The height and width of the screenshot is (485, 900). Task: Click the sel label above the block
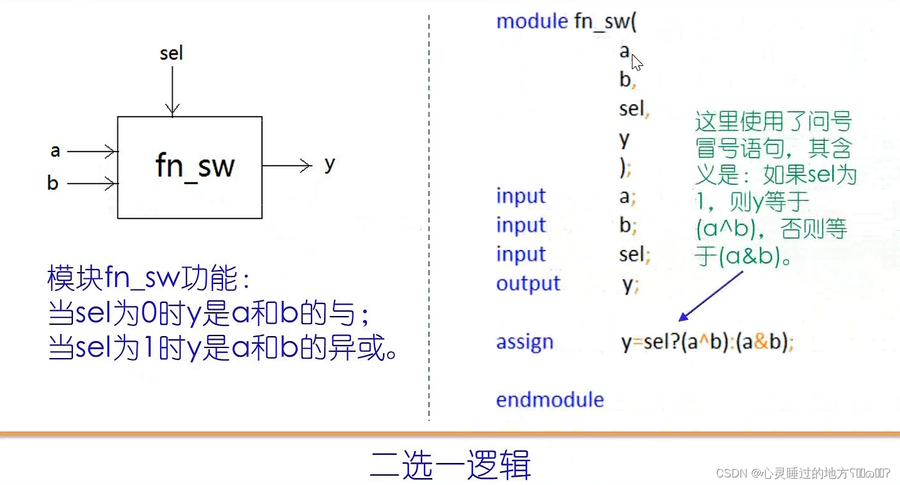[x=171, y=53]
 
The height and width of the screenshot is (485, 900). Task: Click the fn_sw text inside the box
[x=195, y=166]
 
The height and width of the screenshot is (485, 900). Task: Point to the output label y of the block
[x=330, y=165]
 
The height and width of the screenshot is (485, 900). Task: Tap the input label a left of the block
[x=55, y=151]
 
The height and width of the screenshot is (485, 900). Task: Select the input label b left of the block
[x=53, y=183]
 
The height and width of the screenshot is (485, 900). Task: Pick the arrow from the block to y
[x=287, y=166]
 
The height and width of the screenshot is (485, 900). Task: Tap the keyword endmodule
[x=550, y=400]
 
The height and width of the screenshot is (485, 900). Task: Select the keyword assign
[x=524, y=342]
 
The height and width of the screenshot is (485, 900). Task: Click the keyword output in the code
[x=528, y=284]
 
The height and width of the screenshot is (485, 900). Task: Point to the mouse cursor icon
[x=637, y=63]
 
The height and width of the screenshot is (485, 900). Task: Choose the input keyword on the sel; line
[x=521, y=254]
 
